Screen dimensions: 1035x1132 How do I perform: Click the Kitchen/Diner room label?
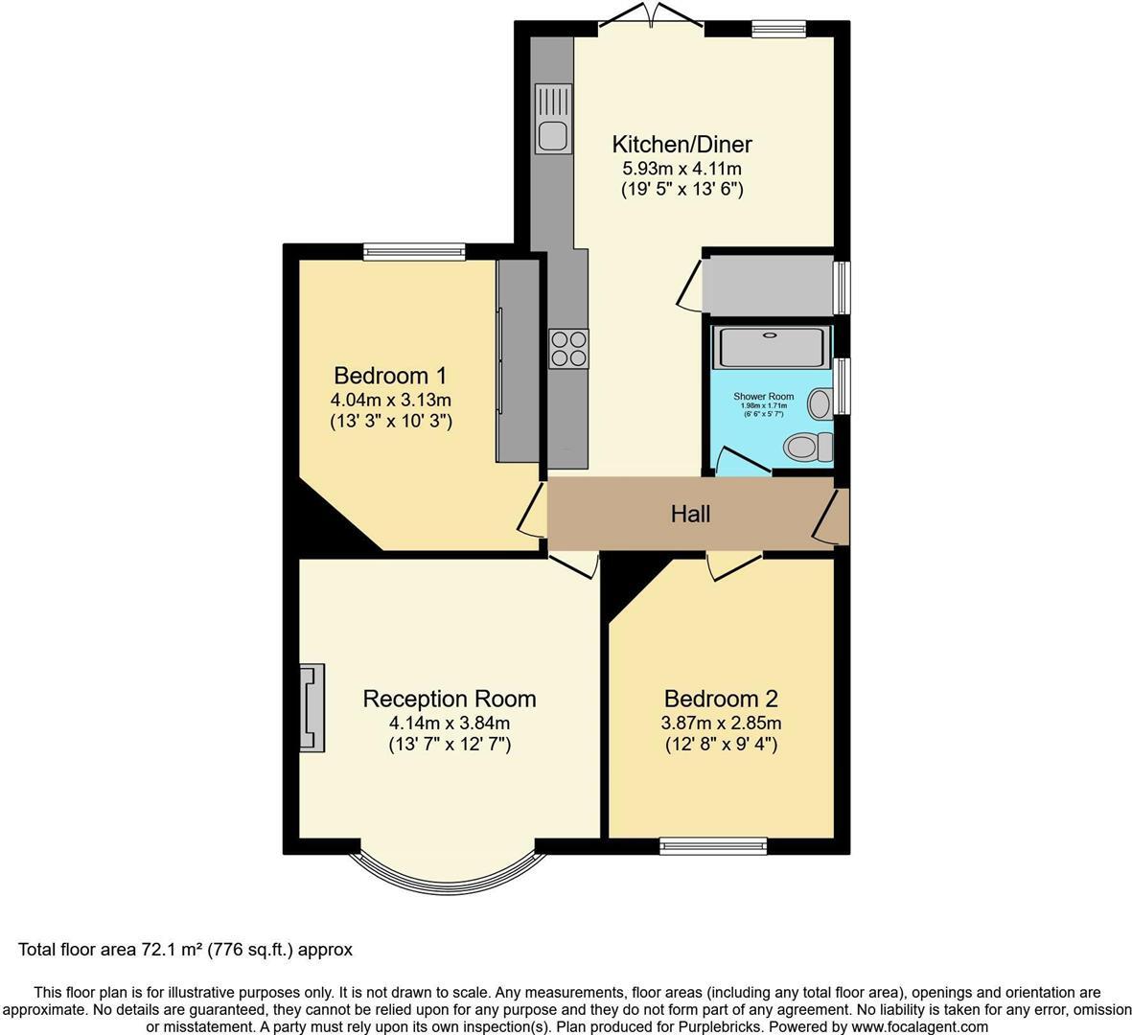(x=682, y=144)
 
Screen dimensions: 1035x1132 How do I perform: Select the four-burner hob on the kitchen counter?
(x=568, y=348)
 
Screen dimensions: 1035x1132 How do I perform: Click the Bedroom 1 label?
(x=390, y=375)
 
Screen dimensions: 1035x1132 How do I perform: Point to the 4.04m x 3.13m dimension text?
(x=390, y=400)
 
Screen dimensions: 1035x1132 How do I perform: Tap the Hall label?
(x=690, y=515)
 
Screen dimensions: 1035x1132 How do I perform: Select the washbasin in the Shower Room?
(x=820, y=403)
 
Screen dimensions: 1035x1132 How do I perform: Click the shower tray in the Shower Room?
(x=771, y=347)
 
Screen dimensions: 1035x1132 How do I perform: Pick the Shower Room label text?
(x=763, y=396)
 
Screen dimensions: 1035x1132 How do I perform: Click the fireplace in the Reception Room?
(x=312, y=708)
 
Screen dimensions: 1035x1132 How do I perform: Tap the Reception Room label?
(x=449, y=699)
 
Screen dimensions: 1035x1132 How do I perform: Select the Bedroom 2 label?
(x=721, y=699)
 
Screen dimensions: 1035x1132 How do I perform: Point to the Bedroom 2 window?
(x=713, y=845)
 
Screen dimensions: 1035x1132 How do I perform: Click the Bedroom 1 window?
(x=414, y=251)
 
